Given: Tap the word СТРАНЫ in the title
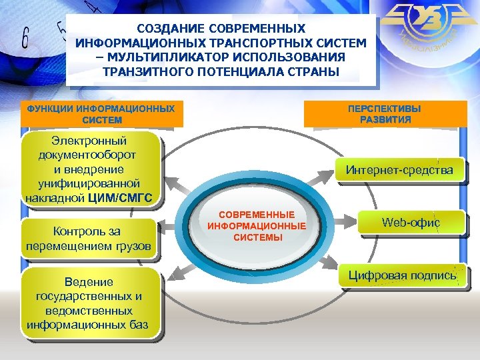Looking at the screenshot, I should (x=314, y=71).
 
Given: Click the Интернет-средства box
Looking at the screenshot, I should (x=399, y=170).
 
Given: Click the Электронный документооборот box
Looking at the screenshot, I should (x=90, y=169).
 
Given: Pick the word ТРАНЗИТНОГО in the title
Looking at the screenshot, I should (x=134, y=71).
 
